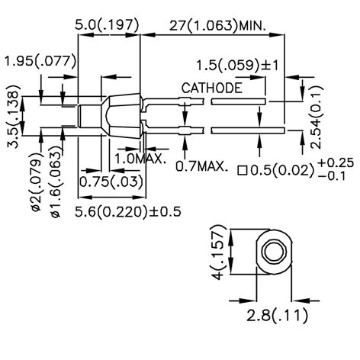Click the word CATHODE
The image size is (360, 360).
coord(212,88)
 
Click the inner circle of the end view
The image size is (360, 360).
coord(273,251)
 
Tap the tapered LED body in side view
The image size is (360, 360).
coord(121,114)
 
